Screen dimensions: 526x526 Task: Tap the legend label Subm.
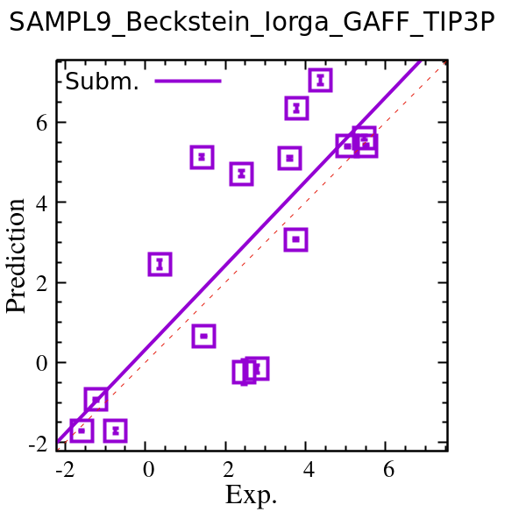tap(102, 82)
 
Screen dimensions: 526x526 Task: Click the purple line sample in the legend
tap(188, 82)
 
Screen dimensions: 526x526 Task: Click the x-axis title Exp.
tap(251, 495)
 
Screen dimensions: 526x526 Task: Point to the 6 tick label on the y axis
tap(39, 123)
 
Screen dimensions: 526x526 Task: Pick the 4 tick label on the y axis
tap(39, 203)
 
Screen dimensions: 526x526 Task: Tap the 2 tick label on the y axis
tap(39, 283)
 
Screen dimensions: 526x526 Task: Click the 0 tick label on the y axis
tap(39, 363)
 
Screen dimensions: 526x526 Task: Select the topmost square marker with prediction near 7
tap(321, 81)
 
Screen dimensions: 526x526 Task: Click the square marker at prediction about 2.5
tap(160, 264)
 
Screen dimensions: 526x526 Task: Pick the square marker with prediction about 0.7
tap(204, 336)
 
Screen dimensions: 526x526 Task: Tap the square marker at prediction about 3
tap(296, 239)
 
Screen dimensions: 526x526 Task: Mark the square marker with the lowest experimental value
tap(82, 430)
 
